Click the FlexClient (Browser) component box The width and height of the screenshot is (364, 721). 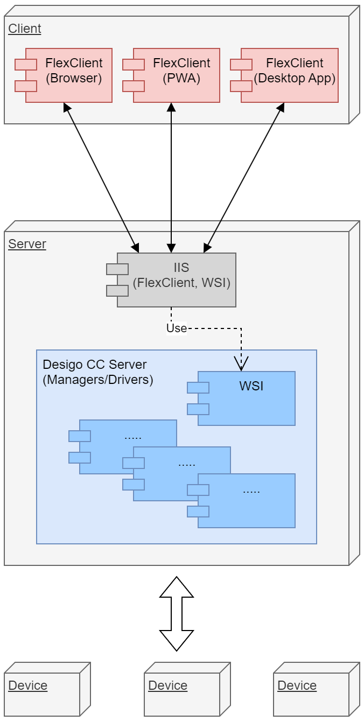coord(68,75)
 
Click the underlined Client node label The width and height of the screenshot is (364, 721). coord(25,29)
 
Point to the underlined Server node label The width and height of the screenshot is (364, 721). coord(27,244)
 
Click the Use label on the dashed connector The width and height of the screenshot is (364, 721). coord(177,328)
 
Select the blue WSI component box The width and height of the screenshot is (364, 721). coord(246,398)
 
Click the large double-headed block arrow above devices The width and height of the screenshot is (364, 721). coord(177,613)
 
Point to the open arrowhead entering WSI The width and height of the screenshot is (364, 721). coord(241,363)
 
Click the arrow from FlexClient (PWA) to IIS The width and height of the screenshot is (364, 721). coord(171,178)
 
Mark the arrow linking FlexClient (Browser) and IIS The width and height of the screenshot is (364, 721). coord(101,178)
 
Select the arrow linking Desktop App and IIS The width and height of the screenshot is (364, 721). coord(244,178)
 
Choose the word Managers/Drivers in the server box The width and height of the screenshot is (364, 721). coord(98,380)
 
